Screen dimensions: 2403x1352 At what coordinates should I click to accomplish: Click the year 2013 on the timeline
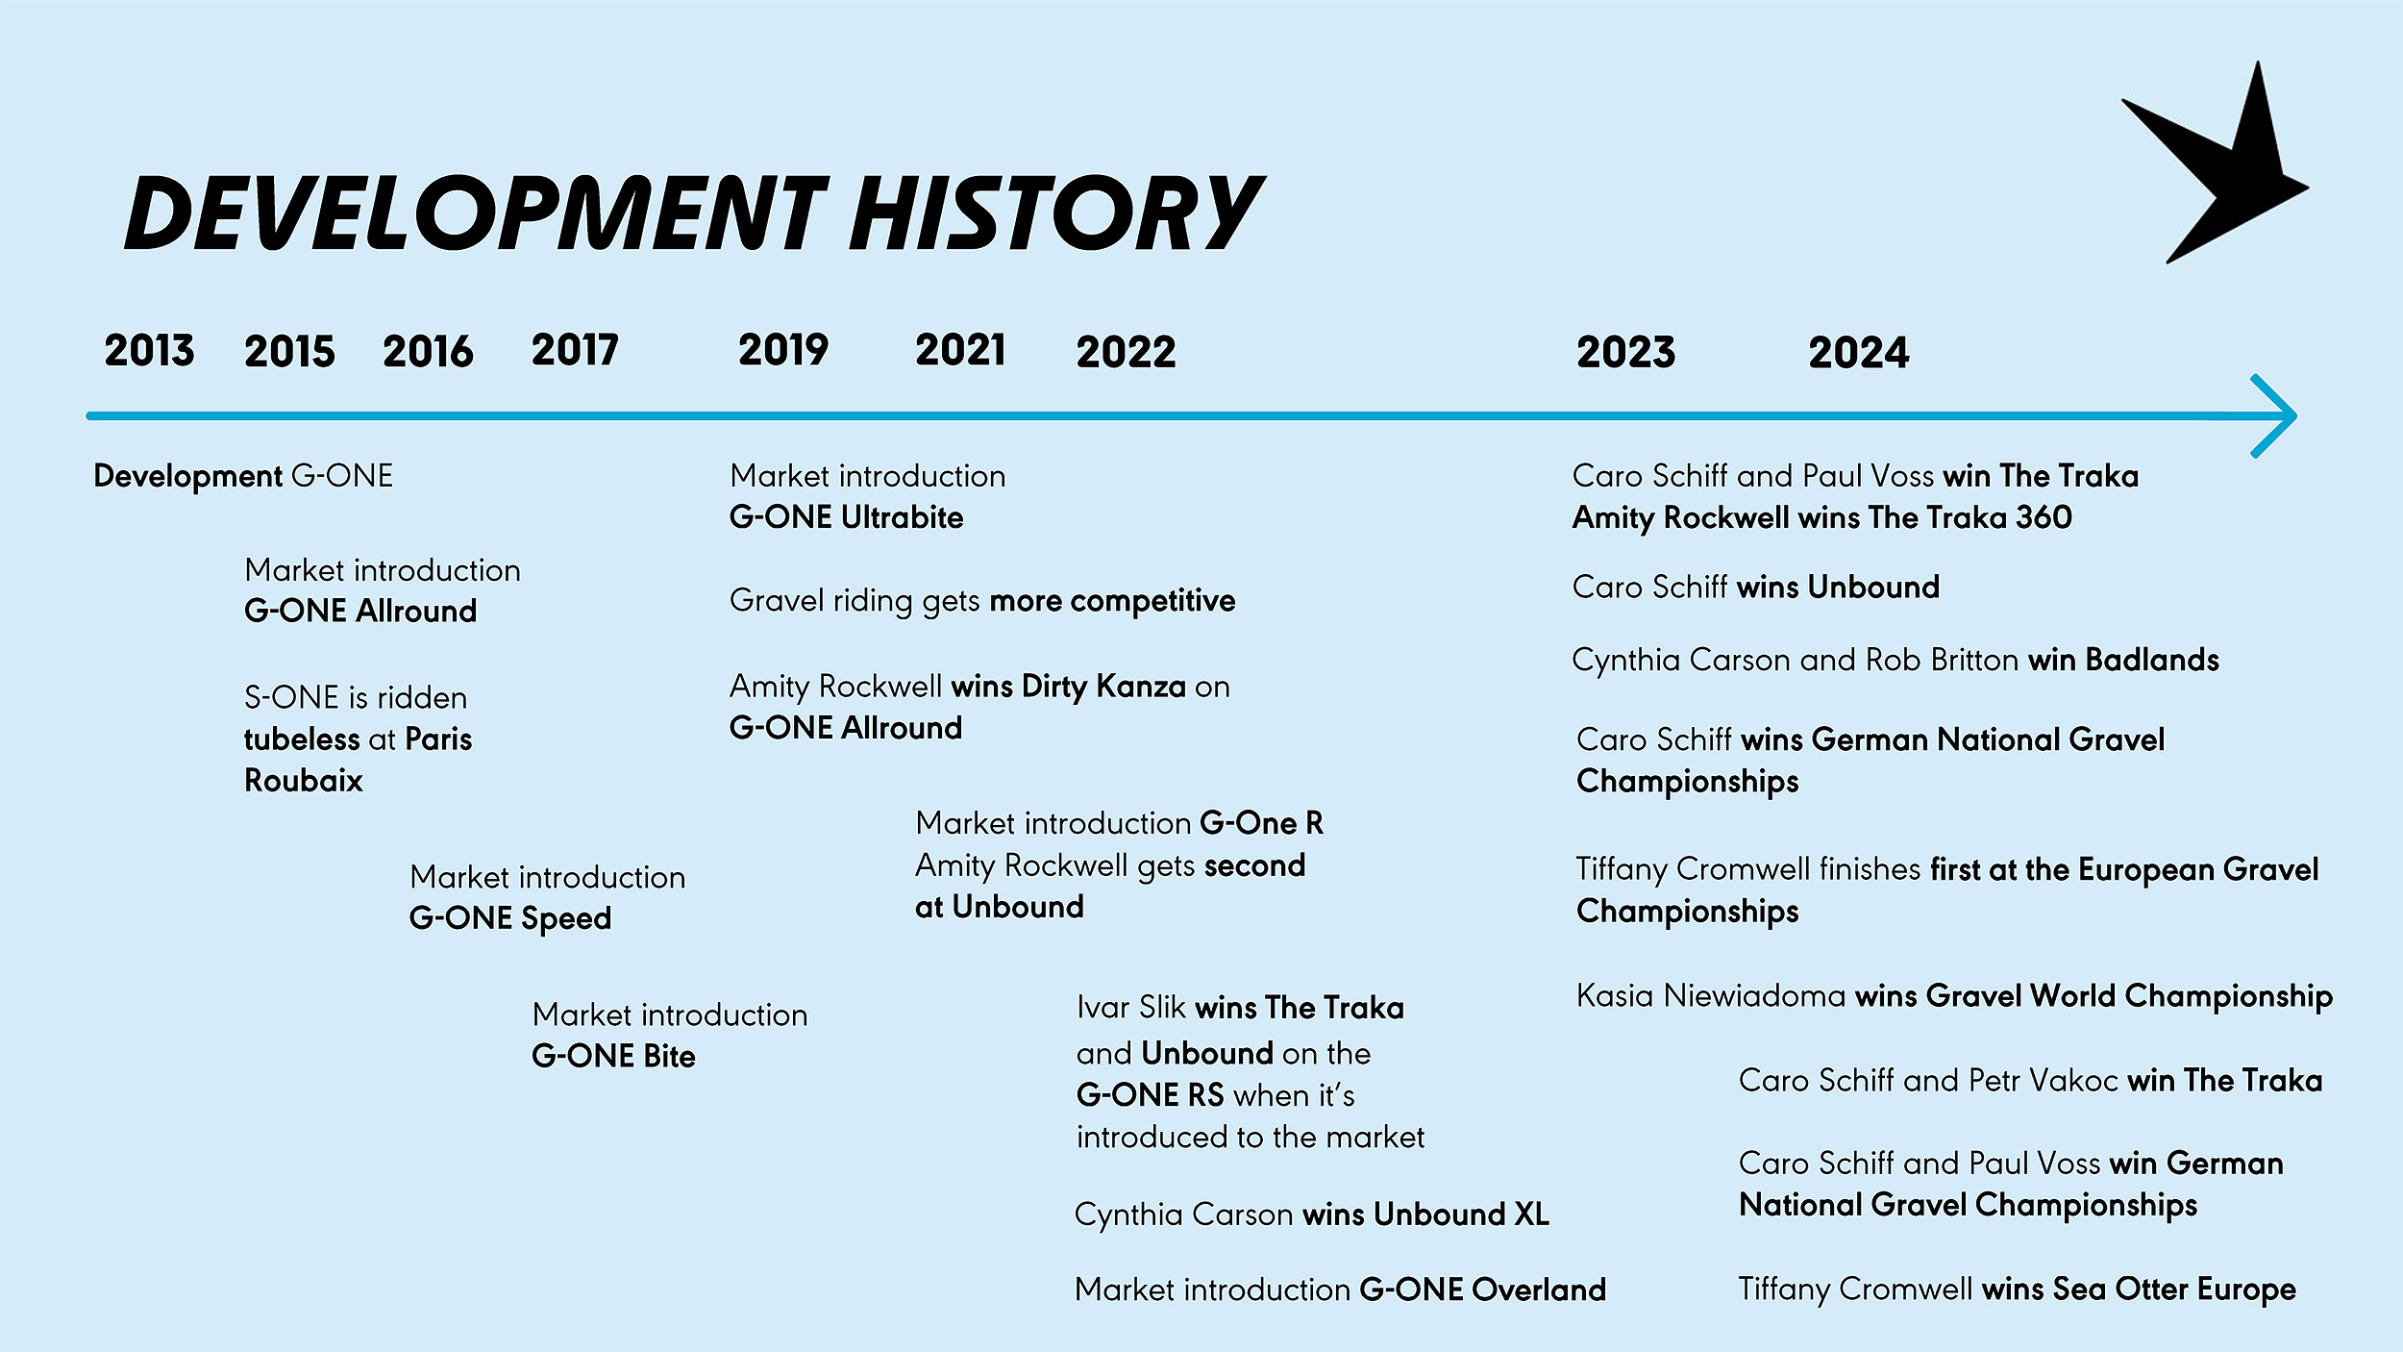(x=149, y=351)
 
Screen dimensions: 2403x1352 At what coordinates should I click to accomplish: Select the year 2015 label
(x=289, y=352)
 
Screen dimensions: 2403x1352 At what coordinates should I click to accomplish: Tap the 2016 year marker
(x=428, y=352)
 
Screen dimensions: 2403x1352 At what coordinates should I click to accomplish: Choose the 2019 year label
(x=783, y=350)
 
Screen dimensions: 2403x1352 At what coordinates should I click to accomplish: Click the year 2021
(x=960, y=350)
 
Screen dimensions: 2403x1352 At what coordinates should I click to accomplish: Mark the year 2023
(x=1625, y=353)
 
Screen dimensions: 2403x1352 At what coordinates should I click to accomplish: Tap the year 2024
(x=1858, y=353)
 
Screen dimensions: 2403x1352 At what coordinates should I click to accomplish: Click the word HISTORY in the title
(x=1056, y=213)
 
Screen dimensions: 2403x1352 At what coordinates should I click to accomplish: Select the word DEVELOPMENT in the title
(x=476, y=213)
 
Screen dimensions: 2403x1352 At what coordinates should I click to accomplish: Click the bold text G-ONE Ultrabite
(x=846, y=517)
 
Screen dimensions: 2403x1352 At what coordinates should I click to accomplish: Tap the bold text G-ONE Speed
(x=510, y=919)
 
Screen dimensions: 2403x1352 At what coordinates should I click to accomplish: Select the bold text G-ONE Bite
(x=613, y=1057)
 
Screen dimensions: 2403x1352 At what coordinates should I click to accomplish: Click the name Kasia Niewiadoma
(x=1711, y=996)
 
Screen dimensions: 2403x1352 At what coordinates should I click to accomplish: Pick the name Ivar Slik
(x=1131, y=1008)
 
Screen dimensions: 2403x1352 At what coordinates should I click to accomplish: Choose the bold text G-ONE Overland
(x=1483, y=1289)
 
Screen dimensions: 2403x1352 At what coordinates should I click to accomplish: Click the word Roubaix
(x=304, y=781)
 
